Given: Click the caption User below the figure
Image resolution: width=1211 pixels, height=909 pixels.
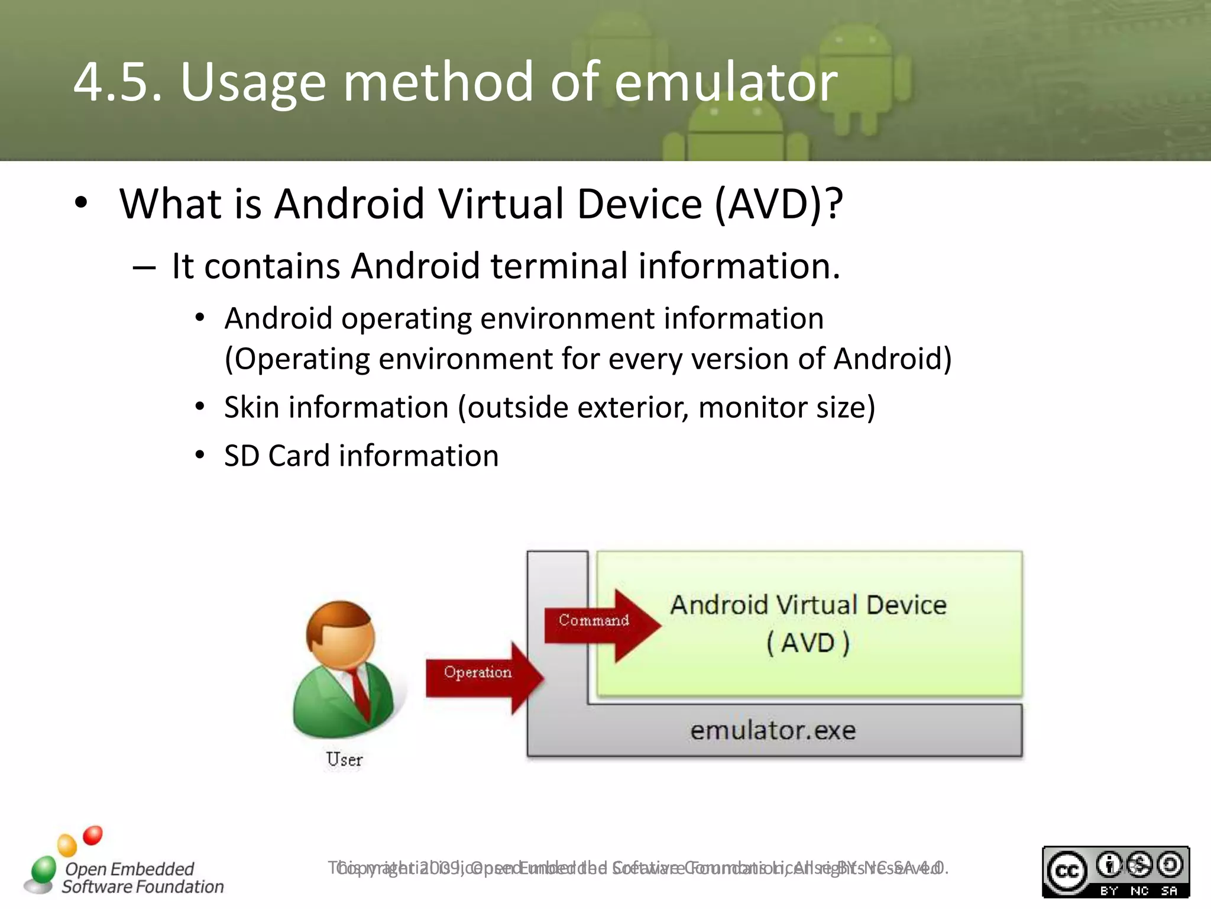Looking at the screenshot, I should click(x=344, y=760).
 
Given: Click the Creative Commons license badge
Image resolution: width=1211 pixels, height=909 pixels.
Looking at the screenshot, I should click(x=1115, y=871).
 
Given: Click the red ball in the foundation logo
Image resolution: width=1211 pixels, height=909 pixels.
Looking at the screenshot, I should click(x=93, y=836).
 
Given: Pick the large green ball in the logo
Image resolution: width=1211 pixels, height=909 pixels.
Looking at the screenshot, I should click(x=44, y=869).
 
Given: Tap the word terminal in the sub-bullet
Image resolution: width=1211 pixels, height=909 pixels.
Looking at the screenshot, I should click(x=559, y=266).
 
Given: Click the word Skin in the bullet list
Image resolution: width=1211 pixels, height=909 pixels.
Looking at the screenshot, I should click(x=251, y=408).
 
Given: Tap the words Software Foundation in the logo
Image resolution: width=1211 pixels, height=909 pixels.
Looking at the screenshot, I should click(x=143, y=887).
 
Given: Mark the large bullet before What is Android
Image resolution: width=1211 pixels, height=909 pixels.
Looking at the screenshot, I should click(x=81, y=202).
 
